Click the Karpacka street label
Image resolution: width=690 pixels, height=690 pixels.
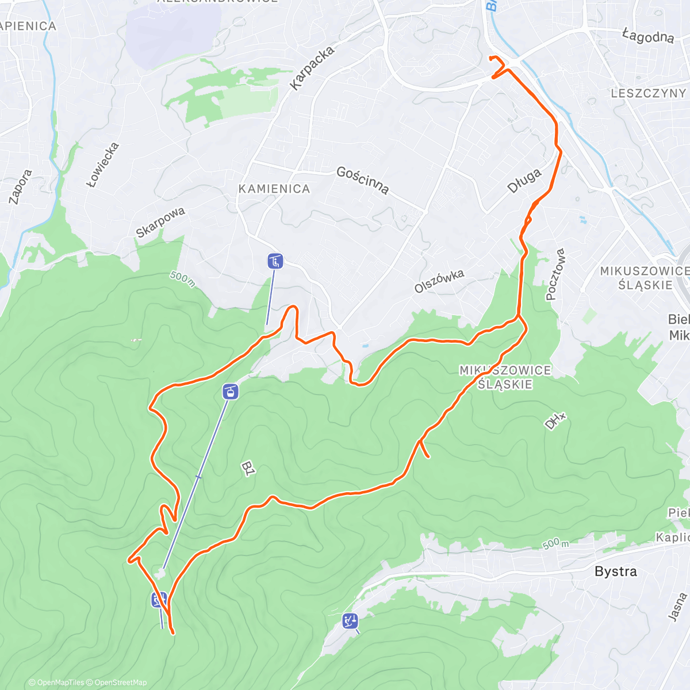(x=312, y=68)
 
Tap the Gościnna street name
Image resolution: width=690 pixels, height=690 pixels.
(x=362, y=180)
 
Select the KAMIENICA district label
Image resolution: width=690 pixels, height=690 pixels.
(x=274, y=189)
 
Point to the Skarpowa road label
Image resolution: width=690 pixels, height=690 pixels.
(x=160, y=222)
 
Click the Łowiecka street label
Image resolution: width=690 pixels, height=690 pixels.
(x=103, y=164)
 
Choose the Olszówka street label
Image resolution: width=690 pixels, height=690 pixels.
(x=439, y=281)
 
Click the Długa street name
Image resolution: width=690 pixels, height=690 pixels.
(x=524, y=181)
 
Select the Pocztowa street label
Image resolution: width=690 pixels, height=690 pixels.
(x=555, y=274)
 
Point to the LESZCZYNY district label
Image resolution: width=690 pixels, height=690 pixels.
(x=648, y=93)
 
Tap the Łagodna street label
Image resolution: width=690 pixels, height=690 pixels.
(x=648, y=36)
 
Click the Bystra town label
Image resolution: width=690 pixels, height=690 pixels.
(x=615, y=571)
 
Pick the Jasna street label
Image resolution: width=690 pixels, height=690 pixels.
(x=677, y=607)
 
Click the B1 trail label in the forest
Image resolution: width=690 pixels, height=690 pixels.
(x=248, y=469)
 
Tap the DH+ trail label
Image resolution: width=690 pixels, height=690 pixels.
(x=555, y=422)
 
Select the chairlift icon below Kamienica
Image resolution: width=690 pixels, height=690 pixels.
(x=275, y=262)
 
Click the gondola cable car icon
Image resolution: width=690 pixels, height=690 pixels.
(x=230, y=392)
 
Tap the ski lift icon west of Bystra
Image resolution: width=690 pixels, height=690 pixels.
(x=349, y=621)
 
